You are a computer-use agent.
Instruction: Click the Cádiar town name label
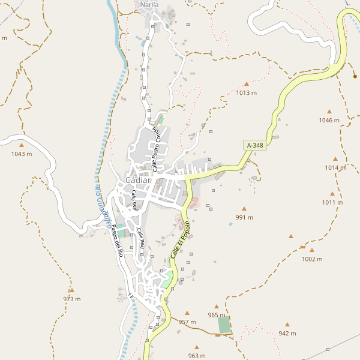tap(138, 181)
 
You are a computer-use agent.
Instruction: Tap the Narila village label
tap(149, 5)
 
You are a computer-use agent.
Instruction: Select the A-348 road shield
tap(254, 145)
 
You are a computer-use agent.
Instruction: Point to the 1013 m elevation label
tap(246, 93)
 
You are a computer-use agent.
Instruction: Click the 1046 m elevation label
tap(329, 120)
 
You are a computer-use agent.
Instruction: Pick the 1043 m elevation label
tap(22, 154)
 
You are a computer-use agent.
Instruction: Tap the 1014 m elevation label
tap(335, 167)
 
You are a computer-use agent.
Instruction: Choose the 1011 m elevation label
tap(332, 202)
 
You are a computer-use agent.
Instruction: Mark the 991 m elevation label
tap(244, 217)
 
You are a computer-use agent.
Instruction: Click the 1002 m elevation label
tap(312, 259)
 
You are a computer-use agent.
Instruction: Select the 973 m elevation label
tap(71, 299)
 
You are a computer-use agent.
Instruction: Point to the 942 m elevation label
tap(287, 333)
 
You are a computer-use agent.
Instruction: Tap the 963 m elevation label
tap(197, 356)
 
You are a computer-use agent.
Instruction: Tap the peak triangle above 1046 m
tap(329, 112)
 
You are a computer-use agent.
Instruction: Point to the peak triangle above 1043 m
tap(22, 145)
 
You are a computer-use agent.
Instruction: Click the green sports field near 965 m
tap(224, 325)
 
